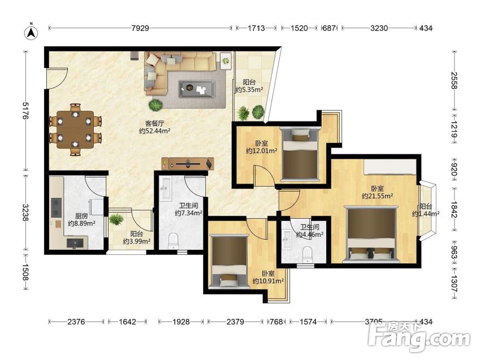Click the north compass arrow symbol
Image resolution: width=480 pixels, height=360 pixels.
click(31, 32)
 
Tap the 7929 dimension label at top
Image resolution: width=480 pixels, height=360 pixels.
click(140, 28)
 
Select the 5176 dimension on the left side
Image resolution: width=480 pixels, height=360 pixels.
click(25, 111)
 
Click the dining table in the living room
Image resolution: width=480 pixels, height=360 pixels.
click(75, 129)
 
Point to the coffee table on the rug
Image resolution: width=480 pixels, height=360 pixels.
click(197, 88)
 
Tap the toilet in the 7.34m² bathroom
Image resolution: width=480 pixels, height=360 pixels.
click(173, 241)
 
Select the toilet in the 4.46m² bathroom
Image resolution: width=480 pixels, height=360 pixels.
click(307, 255)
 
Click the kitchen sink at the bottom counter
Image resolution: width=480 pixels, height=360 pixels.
click(75, 243)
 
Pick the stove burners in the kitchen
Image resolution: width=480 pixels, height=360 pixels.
click(57, 208)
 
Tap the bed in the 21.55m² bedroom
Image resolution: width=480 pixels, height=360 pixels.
click(371, 234)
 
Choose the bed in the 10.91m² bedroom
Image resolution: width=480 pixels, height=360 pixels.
click(228, 261)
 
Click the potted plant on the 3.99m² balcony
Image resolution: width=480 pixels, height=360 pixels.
click(116, 219)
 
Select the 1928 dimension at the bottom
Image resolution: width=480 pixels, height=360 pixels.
click(181, 322)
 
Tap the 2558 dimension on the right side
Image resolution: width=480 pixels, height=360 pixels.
click(455, 80)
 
